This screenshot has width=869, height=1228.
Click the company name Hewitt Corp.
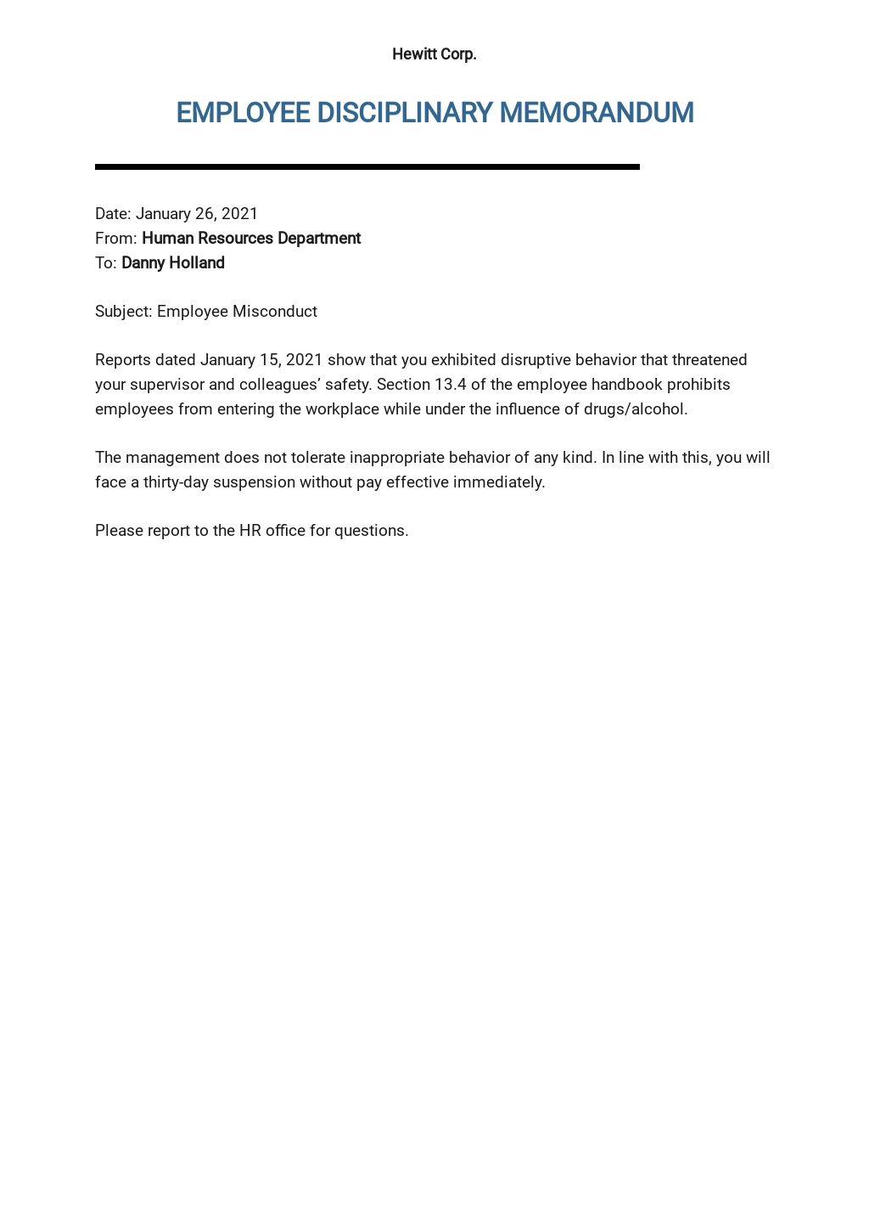(434, 54)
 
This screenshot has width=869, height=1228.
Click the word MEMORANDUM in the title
(596, 113)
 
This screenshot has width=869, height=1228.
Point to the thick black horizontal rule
(367, 167)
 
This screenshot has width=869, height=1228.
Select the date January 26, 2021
(196, 214)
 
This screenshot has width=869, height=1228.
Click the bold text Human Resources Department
(251, 239)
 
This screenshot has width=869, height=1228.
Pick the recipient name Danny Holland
(173, 263)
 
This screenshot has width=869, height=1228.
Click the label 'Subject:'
(124, 312)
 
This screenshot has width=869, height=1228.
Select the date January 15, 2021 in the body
(261, 360)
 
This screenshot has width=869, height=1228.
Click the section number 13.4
(451, 385)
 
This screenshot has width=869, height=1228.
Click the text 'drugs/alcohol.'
(636, 409)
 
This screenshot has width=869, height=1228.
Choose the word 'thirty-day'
(178, 482)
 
